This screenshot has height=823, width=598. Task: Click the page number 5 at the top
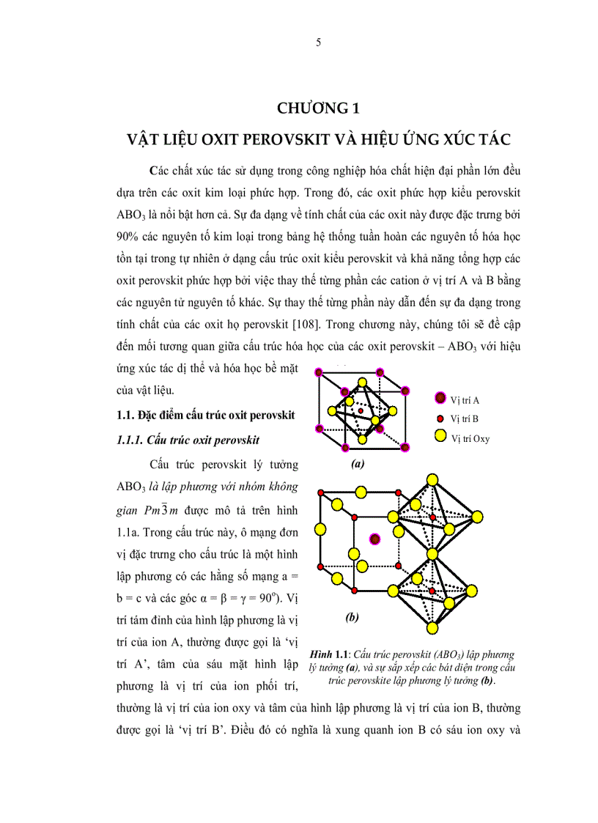click(318, 43)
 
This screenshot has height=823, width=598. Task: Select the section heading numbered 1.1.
click(205, 415)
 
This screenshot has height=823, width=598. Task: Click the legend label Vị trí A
click(465, 399)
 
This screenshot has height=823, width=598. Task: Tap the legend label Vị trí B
click(465, 418)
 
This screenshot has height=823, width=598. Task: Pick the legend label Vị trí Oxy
click(470, 438)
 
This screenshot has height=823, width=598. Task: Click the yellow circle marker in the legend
click(440, 438)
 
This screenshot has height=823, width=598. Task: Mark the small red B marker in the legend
click(440, 418)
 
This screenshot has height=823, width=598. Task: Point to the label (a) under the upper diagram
click(358, 463)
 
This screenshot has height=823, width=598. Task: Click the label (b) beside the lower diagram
click(352, 617)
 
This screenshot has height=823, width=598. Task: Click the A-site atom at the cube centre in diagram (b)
click(375, 539)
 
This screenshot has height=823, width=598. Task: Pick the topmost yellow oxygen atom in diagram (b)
click(433, 480)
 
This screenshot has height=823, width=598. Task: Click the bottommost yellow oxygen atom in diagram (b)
click(433, 628)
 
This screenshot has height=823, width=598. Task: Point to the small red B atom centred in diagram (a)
click(361, 410)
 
